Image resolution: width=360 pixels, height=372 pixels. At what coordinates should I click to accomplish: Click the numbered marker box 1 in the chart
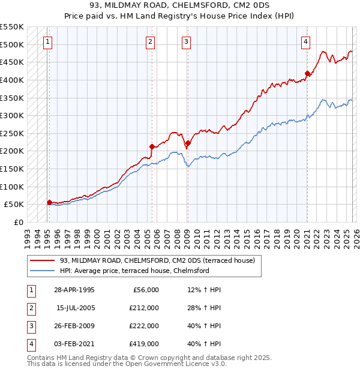47,41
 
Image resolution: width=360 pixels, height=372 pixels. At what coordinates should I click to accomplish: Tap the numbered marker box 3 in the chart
187,41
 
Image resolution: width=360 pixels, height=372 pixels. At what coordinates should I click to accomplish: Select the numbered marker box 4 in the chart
305,41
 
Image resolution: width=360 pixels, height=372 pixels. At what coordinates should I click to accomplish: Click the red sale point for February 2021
307,74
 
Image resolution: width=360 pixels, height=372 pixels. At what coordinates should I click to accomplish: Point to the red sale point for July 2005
152,146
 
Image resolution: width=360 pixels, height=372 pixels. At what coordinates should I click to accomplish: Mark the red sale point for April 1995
49,202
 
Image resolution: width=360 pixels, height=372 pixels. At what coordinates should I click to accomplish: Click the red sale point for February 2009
188,143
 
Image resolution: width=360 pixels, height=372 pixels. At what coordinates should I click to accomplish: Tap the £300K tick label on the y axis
11,115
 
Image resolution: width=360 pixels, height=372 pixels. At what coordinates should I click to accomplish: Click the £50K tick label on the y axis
13,205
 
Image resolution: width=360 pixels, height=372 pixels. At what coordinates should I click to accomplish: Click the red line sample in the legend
43,260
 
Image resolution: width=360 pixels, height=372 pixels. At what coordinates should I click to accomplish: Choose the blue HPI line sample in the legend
43,271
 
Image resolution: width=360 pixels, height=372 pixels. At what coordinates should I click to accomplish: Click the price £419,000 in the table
143,344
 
